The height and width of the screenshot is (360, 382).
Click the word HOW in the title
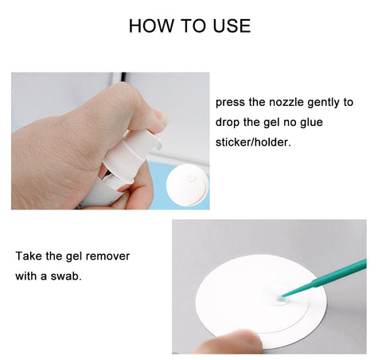click(150, 26)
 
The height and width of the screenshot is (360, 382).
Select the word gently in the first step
click(323, 103)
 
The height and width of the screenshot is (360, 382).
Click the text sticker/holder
click(253, 143)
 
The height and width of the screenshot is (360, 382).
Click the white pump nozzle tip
click(158, 145)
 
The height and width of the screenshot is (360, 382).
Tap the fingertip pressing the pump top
click(158, 117)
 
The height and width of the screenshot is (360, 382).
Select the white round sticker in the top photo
click(187, 186)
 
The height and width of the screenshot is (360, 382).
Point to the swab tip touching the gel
click(279, 299)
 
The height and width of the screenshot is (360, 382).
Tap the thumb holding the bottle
click(138, 186)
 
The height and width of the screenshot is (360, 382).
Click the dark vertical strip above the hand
click(123, 77)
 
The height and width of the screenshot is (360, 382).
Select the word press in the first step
click(230, 103)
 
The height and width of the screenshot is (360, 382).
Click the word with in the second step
click(26, 276)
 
